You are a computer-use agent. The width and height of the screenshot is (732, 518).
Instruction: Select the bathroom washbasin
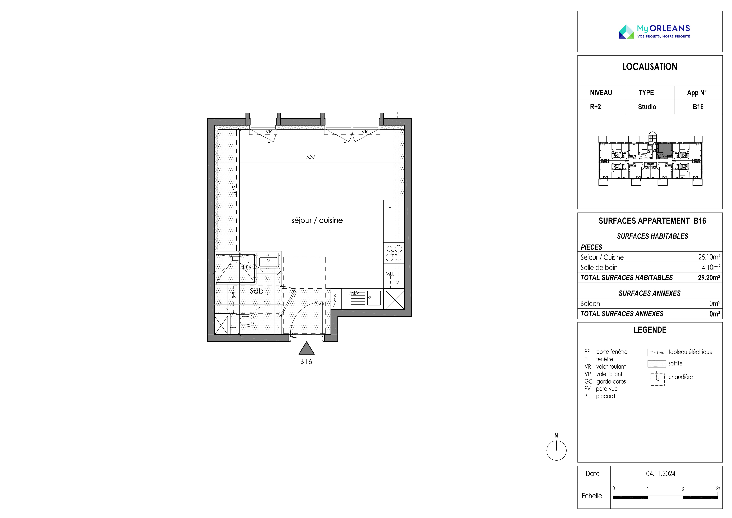point(269,260)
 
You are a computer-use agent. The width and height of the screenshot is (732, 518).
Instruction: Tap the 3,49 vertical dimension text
point(234,190)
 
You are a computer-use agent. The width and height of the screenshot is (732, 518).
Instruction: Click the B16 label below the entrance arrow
point(306,362)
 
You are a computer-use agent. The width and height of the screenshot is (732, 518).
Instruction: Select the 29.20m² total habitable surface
point(709,278)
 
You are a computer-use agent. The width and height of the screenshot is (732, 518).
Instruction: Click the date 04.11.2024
point(661,474)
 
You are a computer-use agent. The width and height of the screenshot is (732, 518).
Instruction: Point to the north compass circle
point(556,450)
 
